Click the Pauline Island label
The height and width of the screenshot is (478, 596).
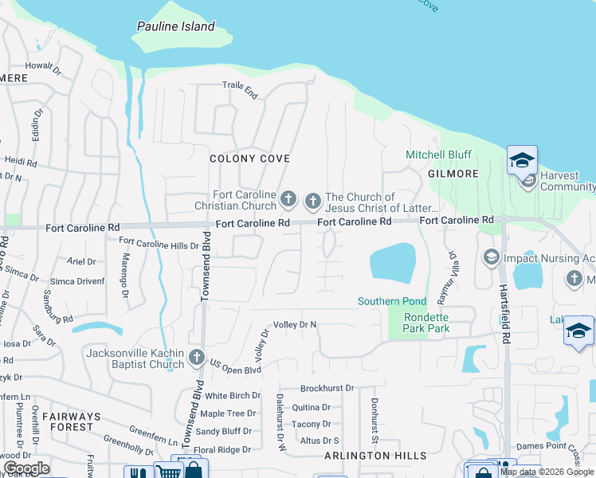(175, 26)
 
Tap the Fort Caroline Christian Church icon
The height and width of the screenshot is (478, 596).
(288, 198)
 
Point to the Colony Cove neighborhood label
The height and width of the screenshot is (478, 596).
(249, 159)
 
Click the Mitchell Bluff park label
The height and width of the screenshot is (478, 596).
(438, 155)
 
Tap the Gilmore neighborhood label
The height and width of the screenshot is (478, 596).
(453, 174)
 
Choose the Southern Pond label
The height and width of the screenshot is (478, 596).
(392, 301)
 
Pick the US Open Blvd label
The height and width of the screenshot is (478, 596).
(235, 370)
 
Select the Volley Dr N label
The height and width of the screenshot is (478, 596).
(295, 325)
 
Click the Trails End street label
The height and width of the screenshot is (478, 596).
(240, 90)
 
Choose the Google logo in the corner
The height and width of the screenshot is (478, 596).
(26, 468)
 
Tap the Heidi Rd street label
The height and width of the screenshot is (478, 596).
(21, 162)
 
